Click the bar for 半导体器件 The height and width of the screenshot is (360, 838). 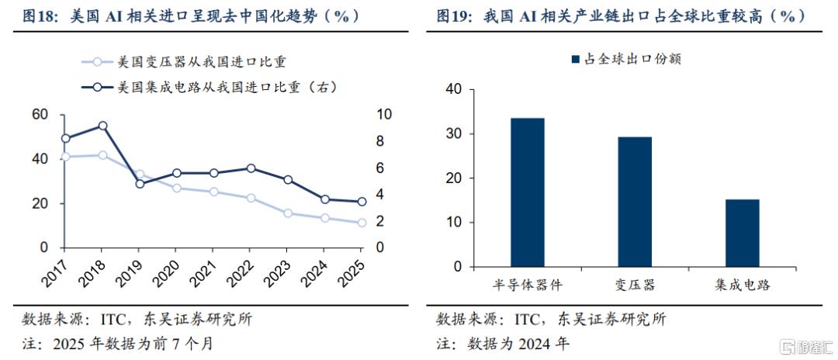pos(528,192)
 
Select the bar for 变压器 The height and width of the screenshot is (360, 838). pos(635,202)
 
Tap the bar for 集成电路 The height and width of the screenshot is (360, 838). pos(742,233)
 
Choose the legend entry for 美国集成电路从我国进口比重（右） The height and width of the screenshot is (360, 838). pos(209,87)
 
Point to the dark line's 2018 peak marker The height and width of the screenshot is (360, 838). pos(102,126)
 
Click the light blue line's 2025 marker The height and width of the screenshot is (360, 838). pos(362,223)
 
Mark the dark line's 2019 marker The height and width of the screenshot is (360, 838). pos(140,184)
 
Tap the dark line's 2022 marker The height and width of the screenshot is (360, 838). pos(251,168)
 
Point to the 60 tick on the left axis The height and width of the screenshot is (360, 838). pos(40,115)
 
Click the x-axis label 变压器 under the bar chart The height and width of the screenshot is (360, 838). pos(635,285)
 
